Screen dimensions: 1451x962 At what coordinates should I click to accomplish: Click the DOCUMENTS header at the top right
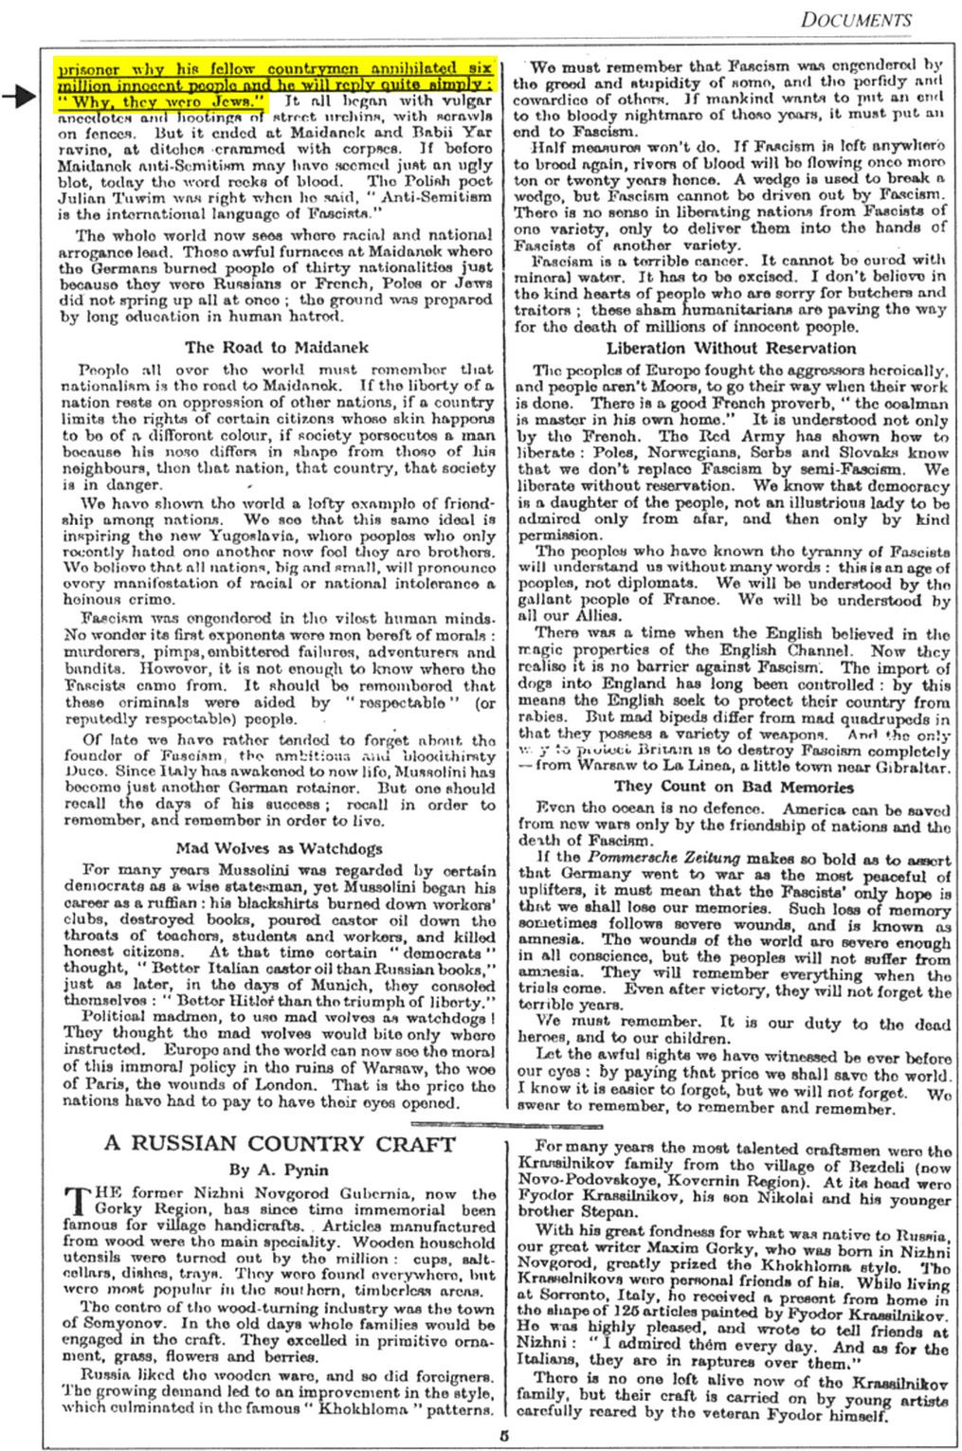click(855, 19)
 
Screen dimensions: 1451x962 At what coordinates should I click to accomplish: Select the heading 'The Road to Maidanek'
click(277, 347)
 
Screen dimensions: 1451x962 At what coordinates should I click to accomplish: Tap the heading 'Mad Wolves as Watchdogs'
click(277, 847)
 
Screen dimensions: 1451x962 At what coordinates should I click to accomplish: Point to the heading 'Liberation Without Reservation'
click(731, 348)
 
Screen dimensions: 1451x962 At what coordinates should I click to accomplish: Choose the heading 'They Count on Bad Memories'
click(733, 786)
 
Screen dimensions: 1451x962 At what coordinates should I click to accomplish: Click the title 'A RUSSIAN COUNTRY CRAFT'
click(280, 1143)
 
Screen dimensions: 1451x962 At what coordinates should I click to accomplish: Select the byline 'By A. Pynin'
click(278, 1170)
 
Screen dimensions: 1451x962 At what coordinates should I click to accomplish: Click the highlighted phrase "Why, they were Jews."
click(161, 100)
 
